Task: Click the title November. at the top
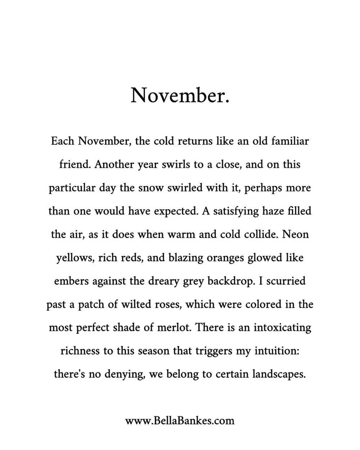click(x=180, y=95)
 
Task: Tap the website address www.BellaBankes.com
click(x=180, y=420)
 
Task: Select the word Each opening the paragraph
click(x=63, y=141)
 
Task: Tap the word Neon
click(x=296, y=234)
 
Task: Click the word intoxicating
click(x=282, y=328)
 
